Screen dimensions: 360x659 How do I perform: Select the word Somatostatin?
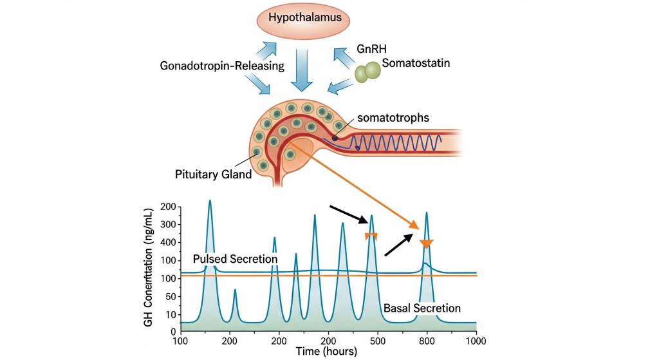414,63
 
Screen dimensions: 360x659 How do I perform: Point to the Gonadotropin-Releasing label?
222,66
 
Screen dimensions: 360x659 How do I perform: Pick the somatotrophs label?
392,118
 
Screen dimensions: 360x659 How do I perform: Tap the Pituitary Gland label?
213,174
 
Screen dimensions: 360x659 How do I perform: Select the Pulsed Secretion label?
235,259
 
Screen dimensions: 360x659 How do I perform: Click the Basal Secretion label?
422,308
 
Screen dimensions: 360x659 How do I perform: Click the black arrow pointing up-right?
399,245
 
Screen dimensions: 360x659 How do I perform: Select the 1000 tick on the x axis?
476,340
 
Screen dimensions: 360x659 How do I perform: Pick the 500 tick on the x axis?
377,340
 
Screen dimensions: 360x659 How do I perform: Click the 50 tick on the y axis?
170,298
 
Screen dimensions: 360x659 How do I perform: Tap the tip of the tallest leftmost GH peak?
210,201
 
